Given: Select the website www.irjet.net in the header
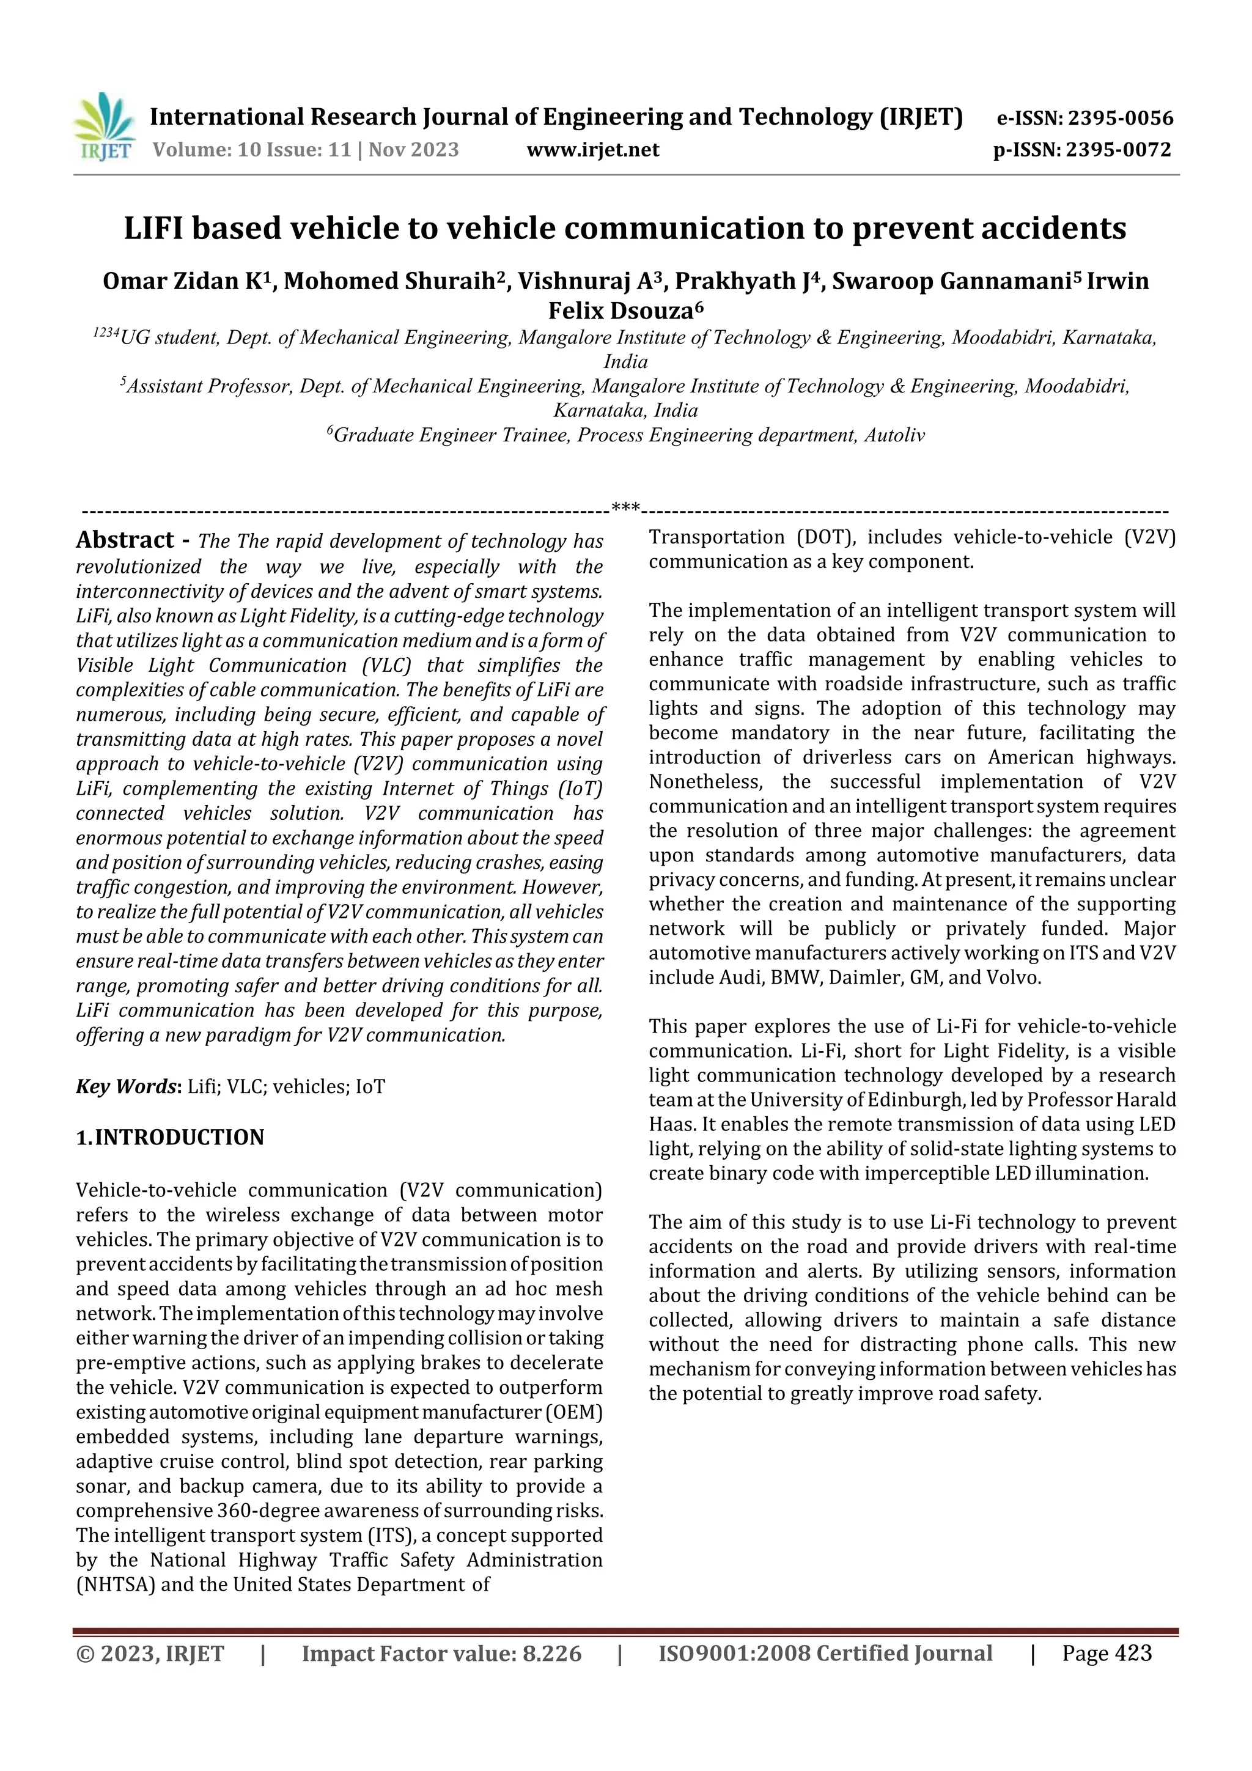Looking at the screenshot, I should [x=592, y=150].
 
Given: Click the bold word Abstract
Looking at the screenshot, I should [x=125, y=540].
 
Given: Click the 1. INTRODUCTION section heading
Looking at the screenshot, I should [x=170, y=1138].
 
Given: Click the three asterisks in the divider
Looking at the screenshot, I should [x=625, y=507].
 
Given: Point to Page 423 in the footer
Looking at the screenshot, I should [x=1107, y=1653].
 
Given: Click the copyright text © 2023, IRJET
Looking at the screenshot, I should [x=150, y=1654].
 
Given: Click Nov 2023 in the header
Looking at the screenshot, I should [x=413, y=150].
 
